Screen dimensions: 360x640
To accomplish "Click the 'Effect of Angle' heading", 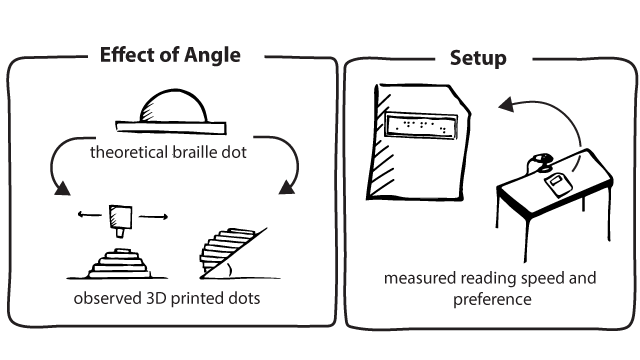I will [170, 54].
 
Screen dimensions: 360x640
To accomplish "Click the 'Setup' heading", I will [477, 57].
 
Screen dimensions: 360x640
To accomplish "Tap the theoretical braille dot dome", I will [174, 107].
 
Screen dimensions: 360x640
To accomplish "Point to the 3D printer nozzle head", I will [123, 219].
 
